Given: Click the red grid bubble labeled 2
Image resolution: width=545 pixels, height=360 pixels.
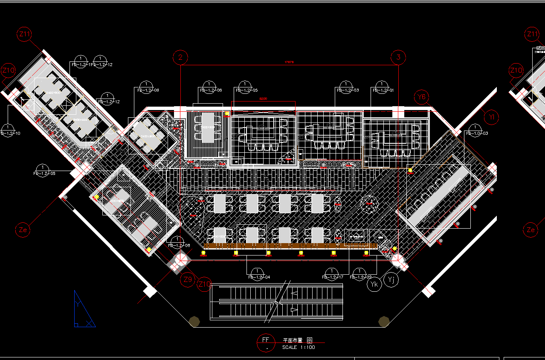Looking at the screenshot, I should (181, 57).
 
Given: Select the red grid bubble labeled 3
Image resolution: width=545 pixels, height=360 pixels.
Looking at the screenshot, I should (398, 57).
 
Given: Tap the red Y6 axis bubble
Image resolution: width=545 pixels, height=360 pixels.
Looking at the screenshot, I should (422, 97).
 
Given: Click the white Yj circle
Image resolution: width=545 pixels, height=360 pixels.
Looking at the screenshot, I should (391, 280).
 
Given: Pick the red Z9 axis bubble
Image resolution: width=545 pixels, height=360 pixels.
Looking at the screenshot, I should (188, 280).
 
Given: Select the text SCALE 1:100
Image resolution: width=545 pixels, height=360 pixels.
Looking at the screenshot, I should (299, 347).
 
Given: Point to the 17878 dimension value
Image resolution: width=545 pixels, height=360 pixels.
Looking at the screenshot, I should (289, 62).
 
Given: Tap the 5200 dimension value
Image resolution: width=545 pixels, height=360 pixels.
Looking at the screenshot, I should (263, 99).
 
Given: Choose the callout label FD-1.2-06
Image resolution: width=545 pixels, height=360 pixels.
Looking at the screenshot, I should (211, 90).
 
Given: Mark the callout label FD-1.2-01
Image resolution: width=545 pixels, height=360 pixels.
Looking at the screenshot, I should (383, 90).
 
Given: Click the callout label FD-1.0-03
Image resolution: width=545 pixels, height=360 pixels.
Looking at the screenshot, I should (477, 134).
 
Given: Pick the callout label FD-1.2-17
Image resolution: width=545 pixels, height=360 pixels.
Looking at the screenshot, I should (333, 277).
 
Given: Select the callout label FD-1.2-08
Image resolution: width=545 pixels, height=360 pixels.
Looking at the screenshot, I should (179, 245).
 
